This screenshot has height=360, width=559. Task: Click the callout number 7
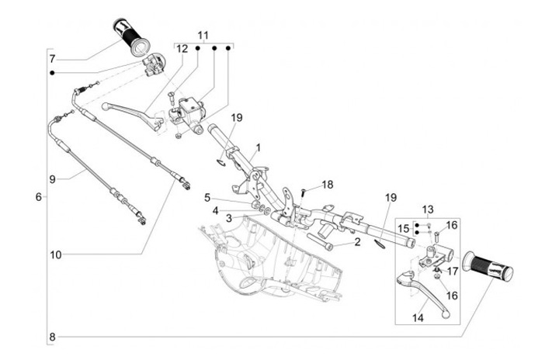tap(52, 59)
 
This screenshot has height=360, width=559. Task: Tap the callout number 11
tap(203, 36)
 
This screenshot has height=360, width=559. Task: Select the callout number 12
tap(182, 49)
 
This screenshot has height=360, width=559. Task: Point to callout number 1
tap(258, 147)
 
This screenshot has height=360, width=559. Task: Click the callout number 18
tap(327, 184)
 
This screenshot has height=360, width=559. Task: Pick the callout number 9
tap(53, 178)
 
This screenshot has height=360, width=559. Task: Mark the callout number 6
tap(38, 197)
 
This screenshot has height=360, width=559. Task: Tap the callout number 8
tap(52, 337)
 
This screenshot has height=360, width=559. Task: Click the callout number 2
tap(357, 243)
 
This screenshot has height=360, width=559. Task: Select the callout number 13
tap(428, 210)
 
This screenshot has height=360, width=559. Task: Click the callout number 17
tap(452, 272)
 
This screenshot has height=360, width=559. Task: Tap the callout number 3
tap(229, 218)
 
